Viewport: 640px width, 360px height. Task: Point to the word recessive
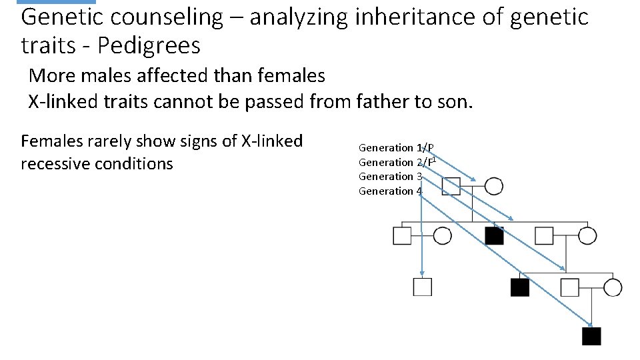click(63, 163)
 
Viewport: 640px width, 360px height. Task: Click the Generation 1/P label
click(397, 147)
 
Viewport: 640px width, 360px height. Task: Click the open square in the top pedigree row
click(451, 186)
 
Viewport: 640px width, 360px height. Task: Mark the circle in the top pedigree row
click(493, 186)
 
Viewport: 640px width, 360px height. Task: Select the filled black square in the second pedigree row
click(494, 235)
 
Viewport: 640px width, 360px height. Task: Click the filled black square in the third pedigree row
click(519, 287)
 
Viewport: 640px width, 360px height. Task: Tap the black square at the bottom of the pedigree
click(591, 336)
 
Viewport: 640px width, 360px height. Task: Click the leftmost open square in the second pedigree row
click(402, 235)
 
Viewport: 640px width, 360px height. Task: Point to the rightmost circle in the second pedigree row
click(587, 235)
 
